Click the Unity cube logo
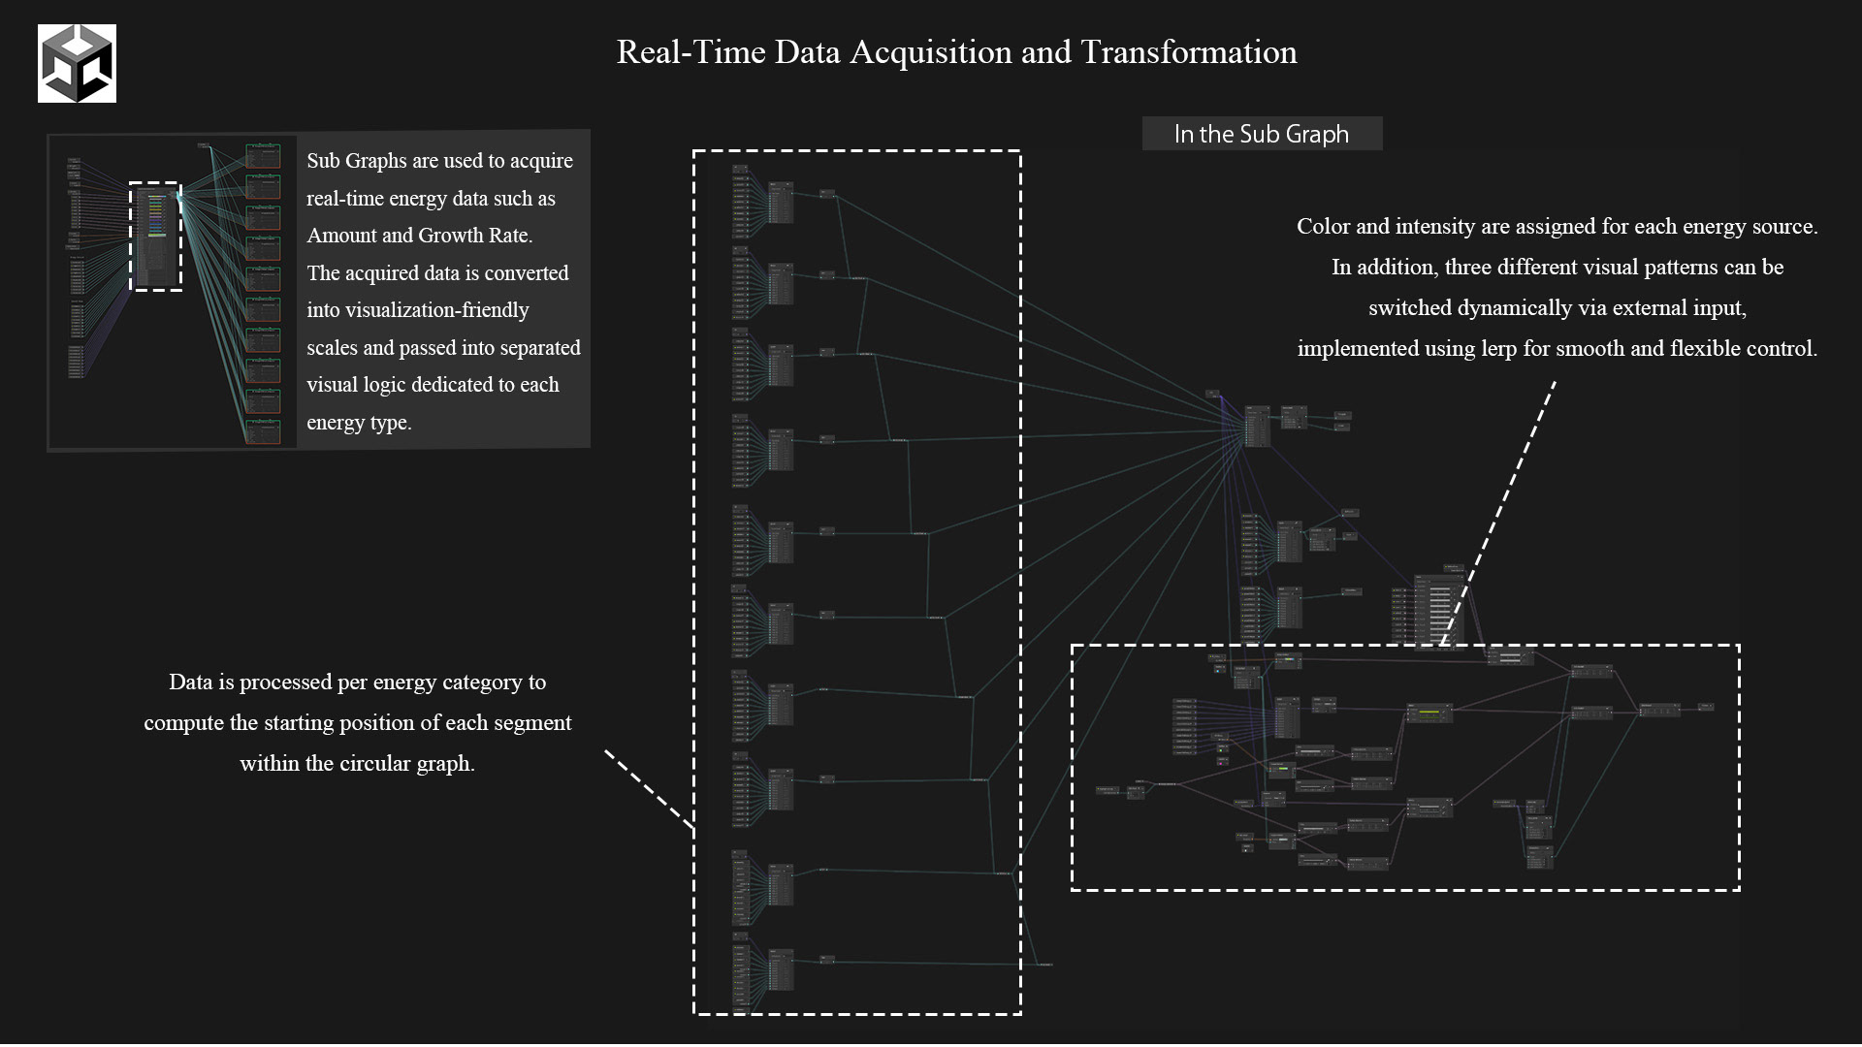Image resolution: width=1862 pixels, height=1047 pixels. coord(77,64)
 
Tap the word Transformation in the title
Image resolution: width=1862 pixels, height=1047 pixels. coord(1188,52)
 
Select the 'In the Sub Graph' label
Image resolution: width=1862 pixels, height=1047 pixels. coord(1261,134)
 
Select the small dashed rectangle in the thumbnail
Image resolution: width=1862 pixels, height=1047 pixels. coord(155,237)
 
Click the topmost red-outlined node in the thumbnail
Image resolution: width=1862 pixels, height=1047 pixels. coord(263,155)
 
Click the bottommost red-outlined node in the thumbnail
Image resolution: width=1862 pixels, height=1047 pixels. coord(263,430)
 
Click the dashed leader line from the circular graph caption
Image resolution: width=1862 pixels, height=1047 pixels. coord(648,789)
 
